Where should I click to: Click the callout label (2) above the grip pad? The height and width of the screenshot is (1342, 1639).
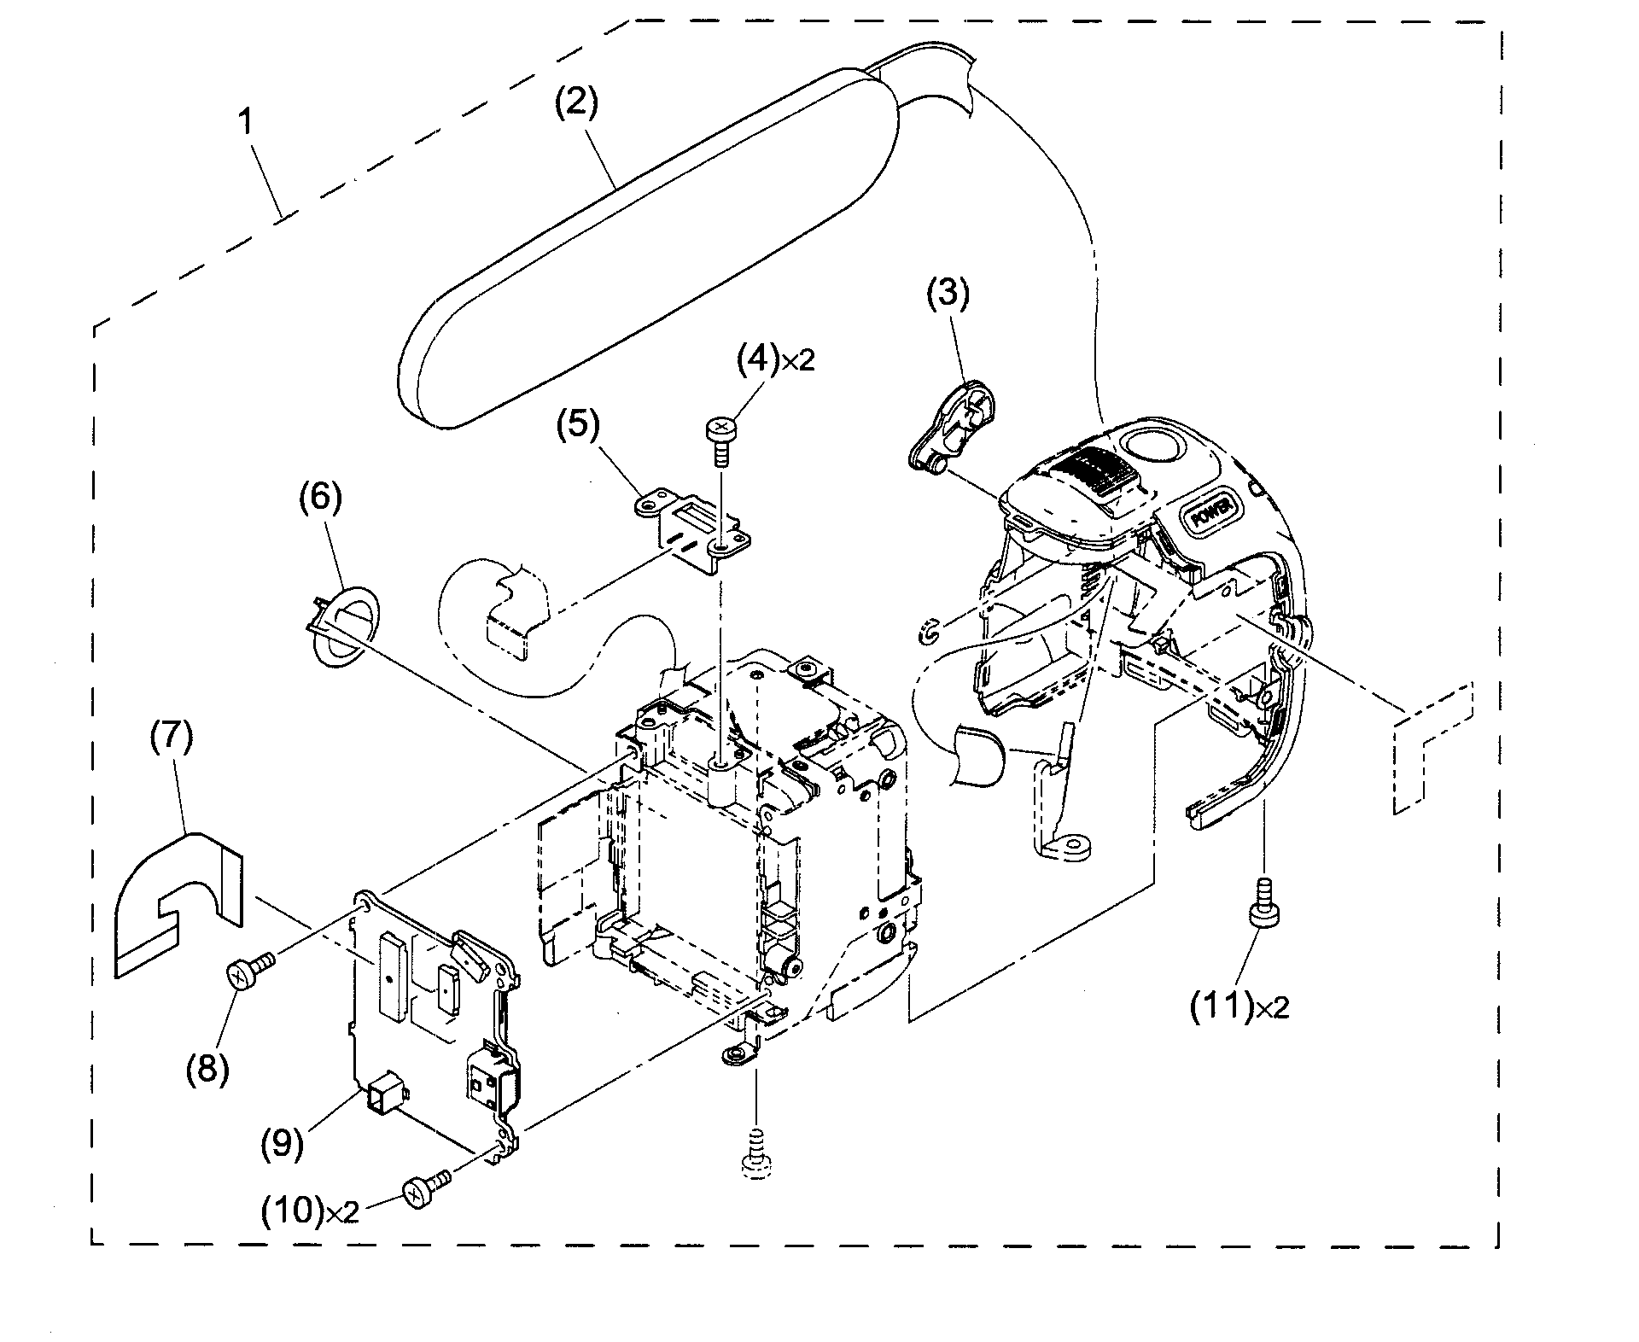[576, 104]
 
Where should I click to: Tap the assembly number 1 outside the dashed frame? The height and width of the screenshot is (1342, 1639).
[245, 122]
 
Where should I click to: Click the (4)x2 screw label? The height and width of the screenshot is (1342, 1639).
[775, 359]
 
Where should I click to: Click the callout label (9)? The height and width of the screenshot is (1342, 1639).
[282, 1143]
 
